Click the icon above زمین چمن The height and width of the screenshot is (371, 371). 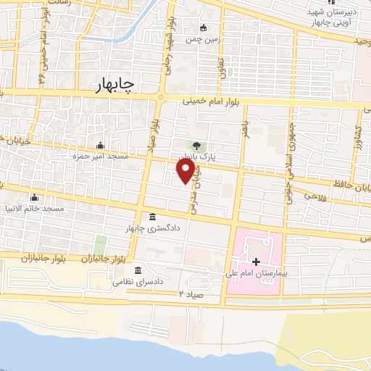tap(204, 30)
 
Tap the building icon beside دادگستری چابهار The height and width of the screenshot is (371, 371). tap(151, 217)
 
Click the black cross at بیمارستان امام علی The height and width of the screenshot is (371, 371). tap(255, 262)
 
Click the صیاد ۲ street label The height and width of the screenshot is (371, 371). tap(190, 293)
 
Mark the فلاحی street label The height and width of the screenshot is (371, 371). tap(316, 196)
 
